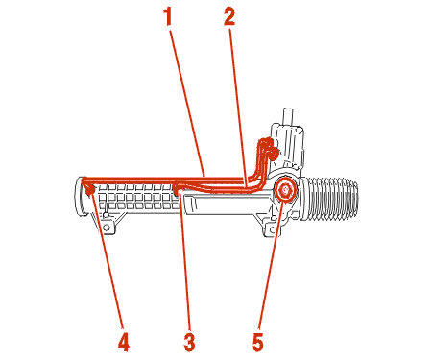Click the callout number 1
pos(168,16)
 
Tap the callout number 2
pos(229,16)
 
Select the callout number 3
pos(189,343)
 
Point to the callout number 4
pos(124,343)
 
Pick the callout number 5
pos(257,343)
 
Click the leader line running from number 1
pos(187,103)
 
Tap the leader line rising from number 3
pos(185,261)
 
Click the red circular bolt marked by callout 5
pos(284,190)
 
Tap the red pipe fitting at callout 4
pos(90,190)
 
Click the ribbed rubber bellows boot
pos(329,199)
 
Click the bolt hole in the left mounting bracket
pos(107,228)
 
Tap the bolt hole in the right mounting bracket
pos(273,229)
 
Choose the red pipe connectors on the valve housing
pos(267,148)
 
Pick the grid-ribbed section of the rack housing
pos(138,197)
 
